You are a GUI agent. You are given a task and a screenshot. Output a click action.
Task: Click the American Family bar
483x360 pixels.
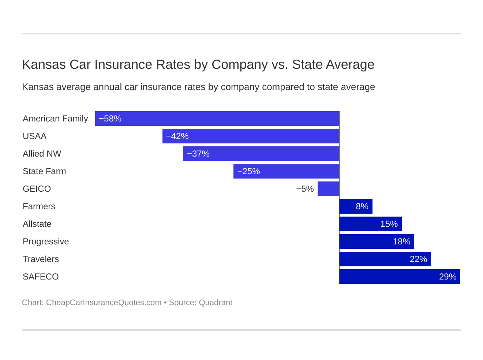tap(217, 119)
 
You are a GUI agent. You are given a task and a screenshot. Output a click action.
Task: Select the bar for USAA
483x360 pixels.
tap(251, 136)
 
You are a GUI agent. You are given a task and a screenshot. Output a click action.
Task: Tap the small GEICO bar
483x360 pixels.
tap(328, 189)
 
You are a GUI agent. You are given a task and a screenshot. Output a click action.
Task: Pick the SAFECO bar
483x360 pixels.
tap(400, 277)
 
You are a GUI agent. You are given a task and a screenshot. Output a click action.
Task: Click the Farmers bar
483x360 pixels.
tap(356, 206)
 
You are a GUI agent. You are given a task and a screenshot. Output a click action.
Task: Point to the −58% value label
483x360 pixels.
tap(110, 119)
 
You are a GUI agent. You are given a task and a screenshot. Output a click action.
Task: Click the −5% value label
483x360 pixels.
tap(305, 189)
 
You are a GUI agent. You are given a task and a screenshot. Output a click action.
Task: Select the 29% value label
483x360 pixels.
tap(448, 277)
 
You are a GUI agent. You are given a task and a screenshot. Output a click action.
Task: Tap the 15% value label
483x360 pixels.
tap(389, 224)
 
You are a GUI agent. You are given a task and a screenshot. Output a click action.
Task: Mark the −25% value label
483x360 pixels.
tap(248, 171)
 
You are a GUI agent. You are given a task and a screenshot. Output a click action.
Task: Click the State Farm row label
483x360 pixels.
tap(44, 171)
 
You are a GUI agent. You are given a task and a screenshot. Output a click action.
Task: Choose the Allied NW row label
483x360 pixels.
tap(42, 154)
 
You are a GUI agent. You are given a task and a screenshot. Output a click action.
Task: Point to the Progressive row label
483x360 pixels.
tap(46, 241)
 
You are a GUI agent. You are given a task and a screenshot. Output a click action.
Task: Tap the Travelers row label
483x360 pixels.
tap(41, 259)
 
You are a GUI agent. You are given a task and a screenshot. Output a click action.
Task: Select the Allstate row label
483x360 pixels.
tap(37, 224)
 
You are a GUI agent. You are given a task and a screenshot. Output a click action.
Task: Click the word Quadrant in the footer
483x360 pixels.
tap(216, 303)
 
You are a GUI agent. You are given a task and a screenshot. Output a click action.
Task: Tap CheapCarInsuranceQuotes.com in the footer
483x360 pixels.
tap(104, 303)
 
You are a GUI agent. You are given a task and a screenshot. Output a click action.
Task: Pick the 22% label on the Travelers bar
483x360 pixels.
tap(418, 259)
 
